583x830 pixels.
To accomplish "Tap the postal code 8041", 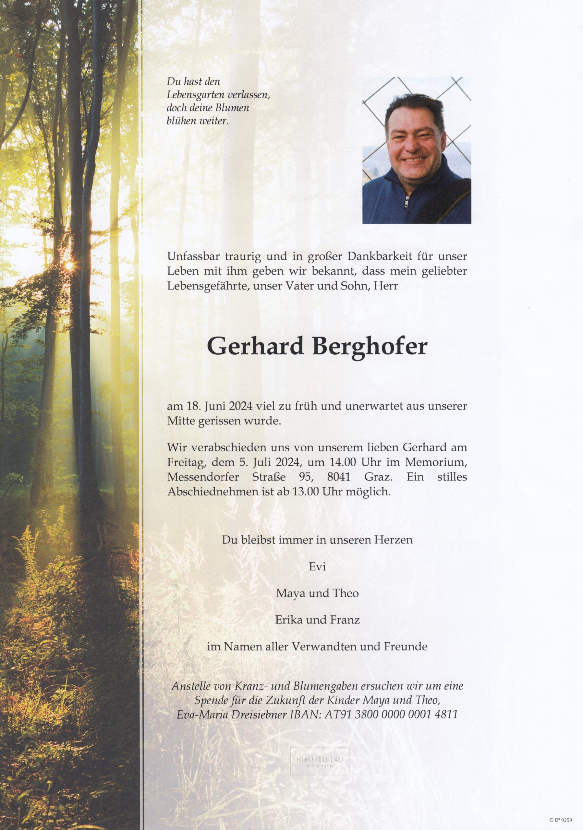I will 338,477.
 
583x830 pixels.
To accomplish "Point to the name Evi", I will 317,567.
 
